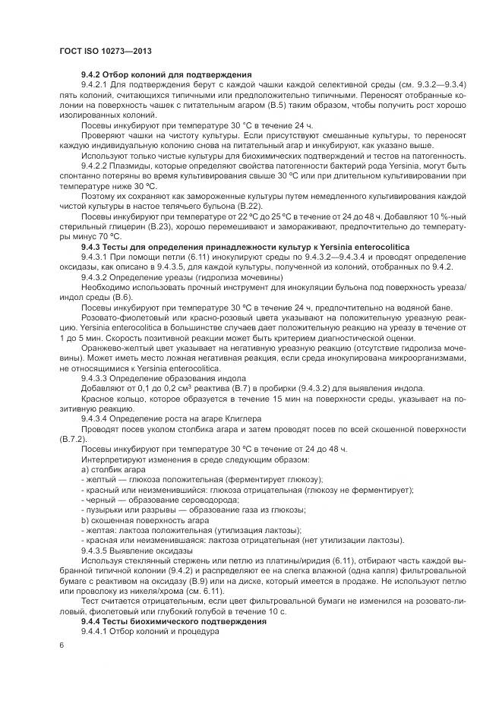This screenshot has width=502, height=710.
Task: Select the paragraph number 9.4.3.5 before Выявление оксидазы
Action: click(97, 550)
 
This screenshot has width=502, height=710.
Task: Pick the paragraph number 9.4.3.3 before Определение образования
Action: click(97, 377)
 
